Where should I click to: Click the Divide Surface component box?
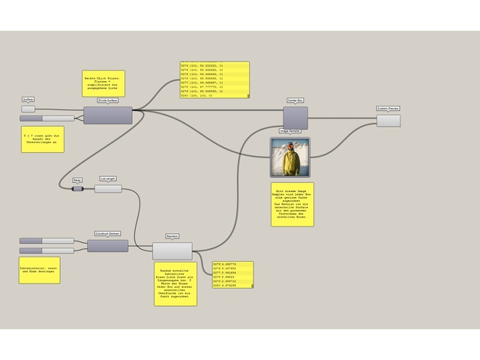point(107,115)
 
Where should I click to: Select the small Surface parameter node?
point(28,108)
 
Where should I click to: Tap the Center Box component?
point(295,117)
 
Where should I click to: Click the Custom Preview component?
point(388,120)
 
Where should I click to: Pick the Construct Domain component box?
point(107,245)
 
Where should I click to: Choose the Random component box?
point(172,250)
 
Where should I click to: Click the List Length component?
point(108,189)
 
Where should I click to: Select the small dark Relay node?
point(77,189)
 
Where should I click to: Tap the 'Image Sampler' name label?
point(289,130)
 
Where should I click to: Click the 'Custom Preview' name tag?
point(388,109)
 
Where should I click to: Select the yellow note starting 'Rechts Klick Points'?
point(103,83)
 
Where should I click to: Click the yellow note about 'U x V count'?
point(43,139)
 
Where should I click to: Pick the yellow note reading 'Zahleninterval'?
point(39,270)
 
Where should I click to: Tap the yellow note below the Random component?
point(175,283)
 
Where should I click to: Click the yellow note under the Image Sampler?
point(292,204)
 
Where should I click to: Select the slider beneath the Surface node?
point(46,118)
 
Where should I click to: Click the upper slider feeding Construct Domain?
point(46,241)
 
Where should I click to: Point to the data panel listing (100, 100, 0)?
point(214,79)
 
